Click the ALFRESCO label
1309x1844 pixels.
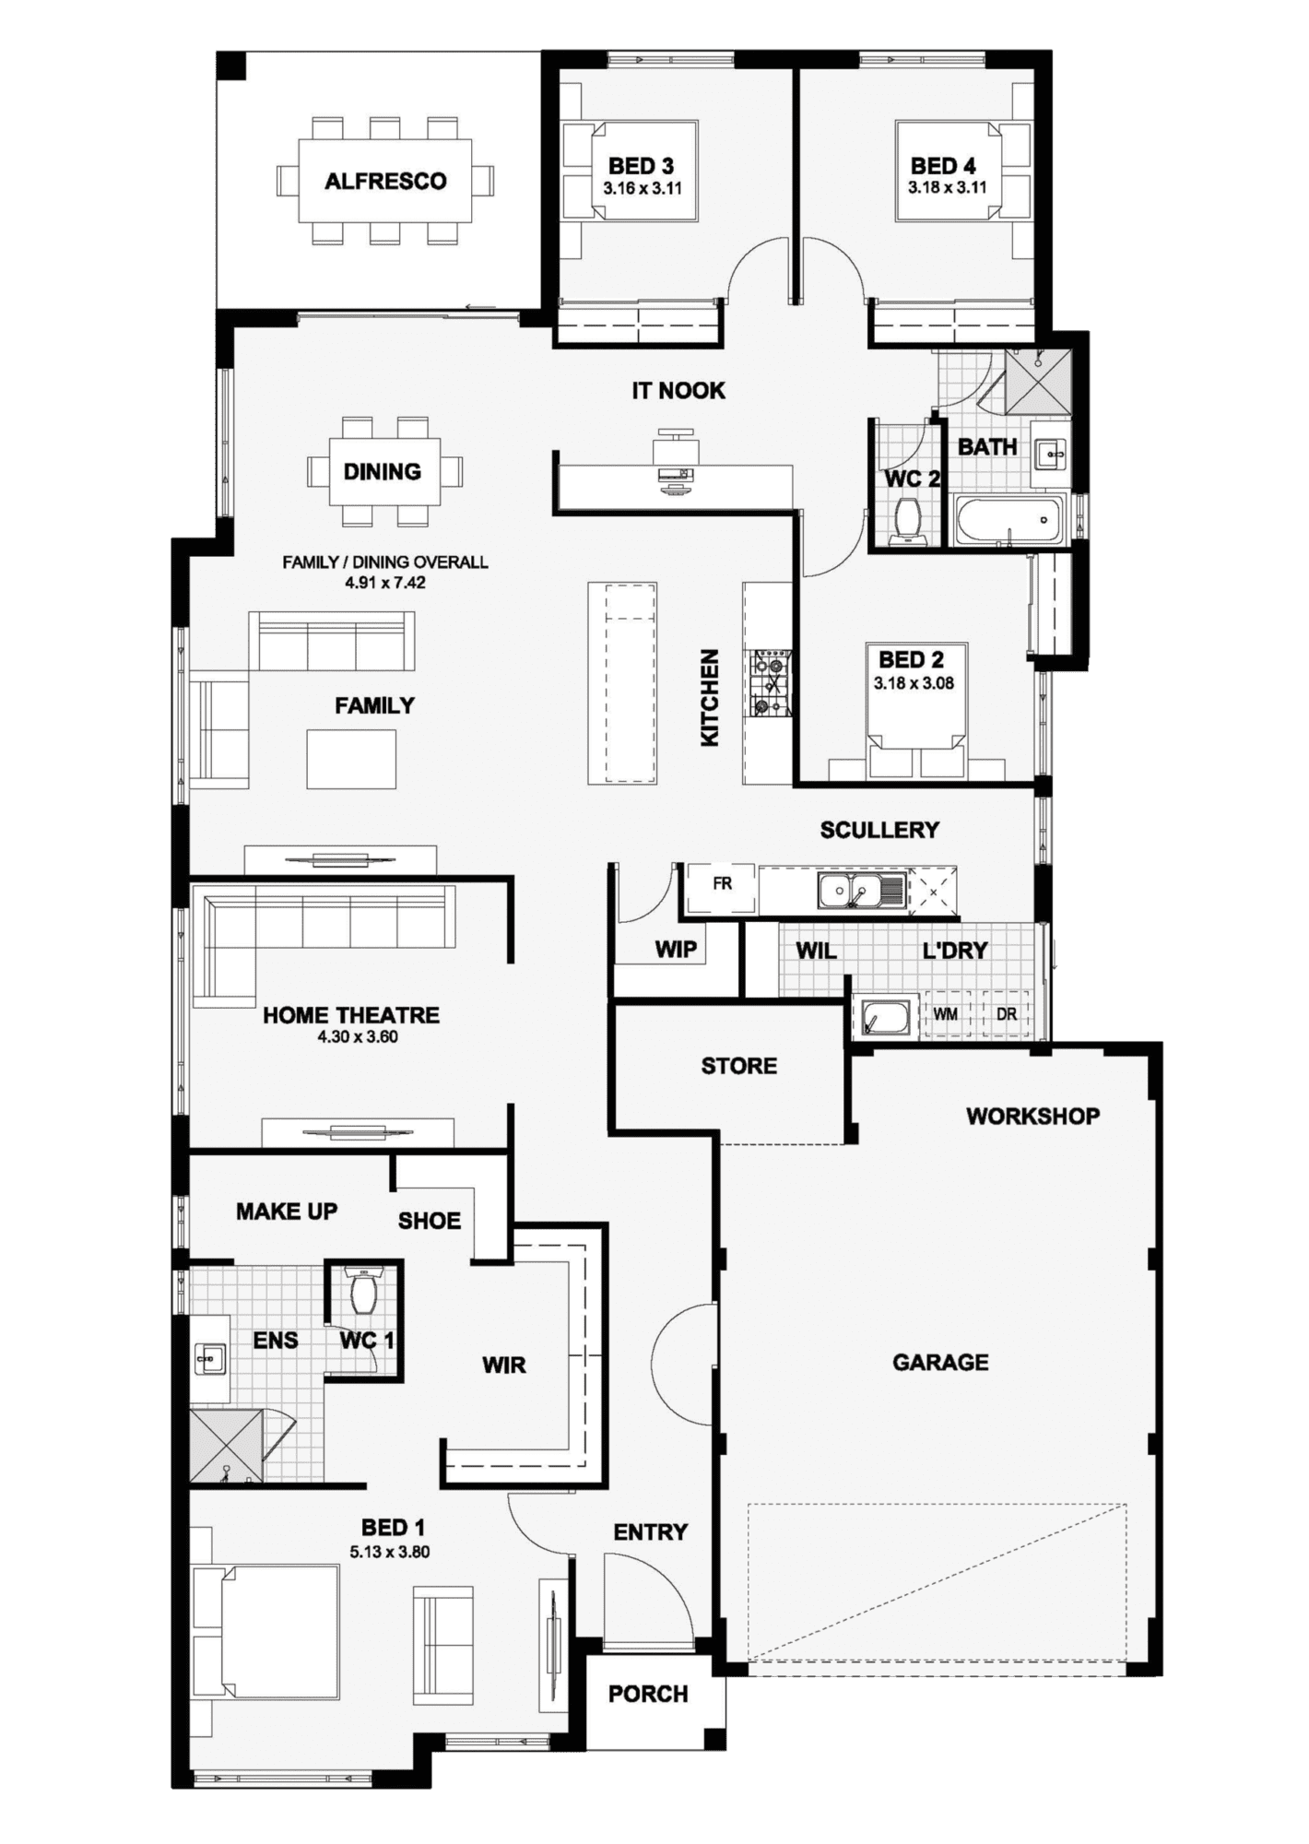(x=385, y=181)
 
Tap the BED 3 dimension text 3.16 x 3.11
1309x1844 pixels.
(x=643, y=188)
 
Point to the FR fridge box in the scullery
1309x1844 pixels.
(x=722, y=883)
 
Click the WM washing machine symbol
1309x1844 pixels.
(x=945, y=1014)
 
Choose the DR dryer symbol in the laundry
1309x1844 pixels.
(x=1007, y=1014)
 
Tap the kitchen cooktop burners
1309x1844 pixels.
(x=771, y=682)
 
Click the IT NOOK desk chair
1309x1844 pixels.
(x=675, y=448)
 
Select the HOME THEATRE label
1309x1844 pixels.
(x=350, y=1015)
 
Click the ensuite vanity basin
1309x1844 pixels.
(x=210, y=1359)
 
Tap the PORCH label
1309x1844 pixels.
(x=648, y=1694)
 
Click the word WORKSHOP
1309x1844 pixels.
(x=1032, y=1117)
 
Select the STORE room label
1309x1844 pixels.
(x=738, y=1066)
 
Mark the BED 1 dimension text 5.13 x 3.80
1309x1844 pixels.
(x=389, y=1552)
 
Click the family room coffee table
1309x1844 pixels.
(x=351, y=759)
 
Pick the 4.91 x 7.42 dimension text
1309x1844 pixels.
(x=385, y=583)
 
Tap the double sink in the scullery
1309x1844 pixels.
(x=850, y=891)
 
